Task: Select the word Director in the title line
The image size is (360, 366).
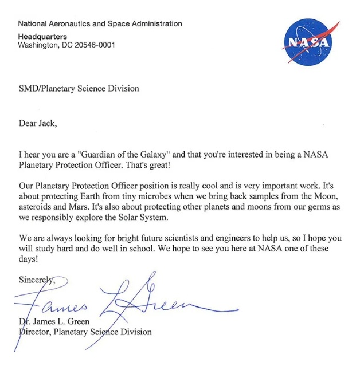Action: coord(36,332)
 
